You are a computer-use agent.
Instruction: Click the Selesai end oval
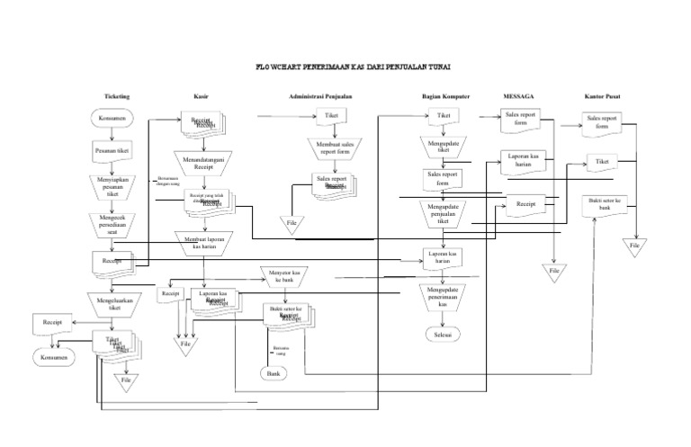click(x=442, y=335)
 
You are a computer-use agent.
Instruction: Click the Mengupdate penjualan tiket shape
click(x=442, y=214)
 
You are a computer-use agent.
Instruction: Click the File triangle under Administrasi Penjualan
click(x=292, y=222)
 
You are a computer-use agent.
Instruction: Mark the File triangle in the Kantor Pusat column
click(x=635, y=244)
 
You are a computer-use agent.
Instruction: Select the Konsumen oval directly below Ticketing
click(x=112, y=119)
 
